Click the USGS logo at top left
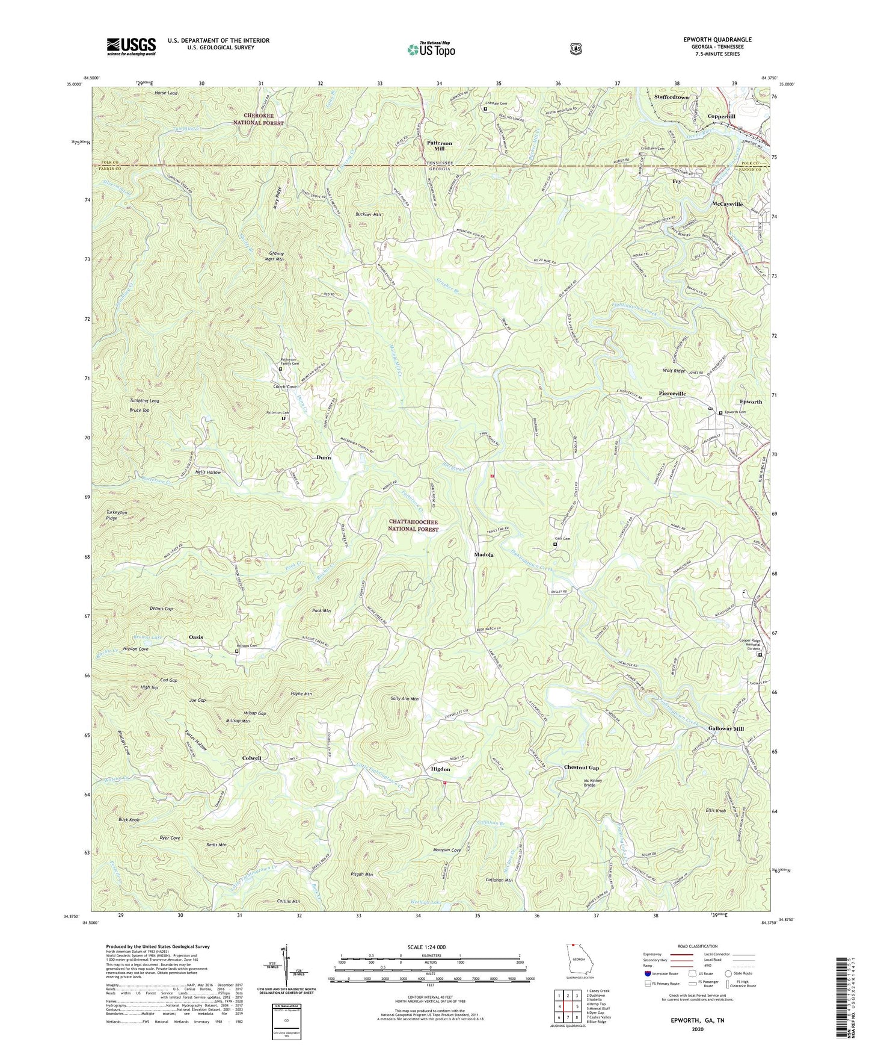pos(131,46)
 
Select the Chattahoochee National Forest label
pos(413,525)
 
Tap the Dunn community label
pos(324,457)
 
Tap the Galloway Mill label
pos(726,728)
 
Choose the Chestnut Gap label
pos(582,767)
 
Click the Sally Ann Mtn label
pos(404,699)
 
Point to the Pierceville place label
pos(672,393)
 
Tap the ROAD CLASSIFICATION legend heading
pos(697,946)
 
